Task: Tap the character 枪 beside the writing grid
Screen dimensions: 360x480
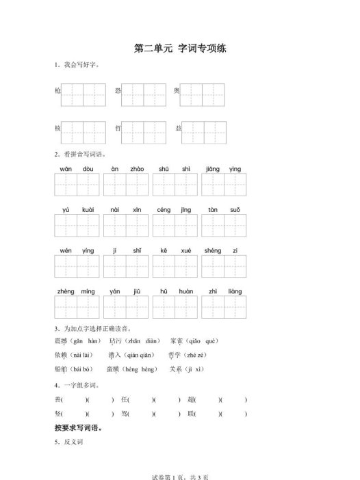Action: [57, 91]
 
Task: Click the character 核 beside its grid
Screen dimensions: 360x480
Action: [57, 129]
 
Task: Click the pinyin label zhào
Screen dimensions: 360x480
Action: [136, 168]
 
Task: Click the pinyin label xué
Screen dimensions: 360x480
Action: [185, 251]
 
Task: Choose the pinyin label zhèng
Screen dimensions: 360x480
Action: [66, 292]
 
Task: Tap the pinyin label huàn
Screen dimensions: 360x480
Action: [185, 292]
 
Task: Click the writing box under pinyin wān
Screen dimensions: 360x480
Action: [66, 185]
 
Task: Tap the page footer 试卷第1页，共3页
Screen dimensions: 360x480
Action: [179, 474]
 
